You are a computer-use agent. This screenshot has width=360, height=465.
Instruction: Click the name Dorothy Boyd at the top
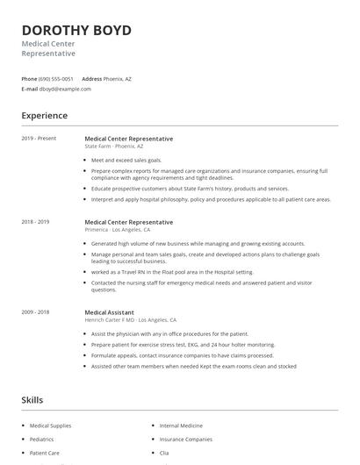click(x=76, y=31)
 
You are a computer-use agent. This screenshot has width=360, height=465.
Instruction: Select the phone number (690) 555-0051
click(x=57, y=79)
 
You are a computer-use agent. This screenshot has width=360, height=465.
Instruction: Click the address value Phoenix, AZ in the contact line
click(x=117, y=79)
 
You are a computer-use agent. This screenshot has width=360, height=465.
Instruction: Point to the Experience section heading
click(x=44, y=116)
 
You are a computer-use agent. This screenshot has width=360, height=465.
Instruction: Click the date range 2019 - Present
click(x=39, y=139)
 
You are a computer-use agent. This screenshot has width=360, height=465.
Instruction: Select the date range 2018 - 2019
click(x=36, y=222)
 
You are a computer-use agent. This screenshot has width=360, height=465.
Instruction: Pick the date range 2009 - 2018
click(x=36, y=311)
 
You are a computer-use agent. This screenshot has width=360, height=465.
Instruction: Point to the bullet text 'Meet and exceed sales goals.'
click(x=126, y=161)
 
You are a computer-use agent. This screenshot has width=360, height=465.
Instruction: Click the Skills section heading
click(x=32, y=400)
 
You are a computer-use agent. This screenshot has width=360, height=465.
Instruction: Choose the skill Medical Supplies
click(x=51, y=426)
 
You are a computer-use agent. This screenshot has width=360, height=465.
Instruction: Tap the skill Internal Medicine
click(x=181, y=426)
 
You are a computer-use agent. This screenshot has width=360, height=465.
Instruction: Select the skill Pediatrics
click(x=42, y=440)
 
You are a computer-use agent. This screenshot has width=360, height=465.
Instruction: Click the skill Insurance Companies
click(x=186, y=440)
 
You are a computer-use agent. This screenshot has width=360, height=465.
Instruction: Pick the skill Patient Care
click(x=45, y=454)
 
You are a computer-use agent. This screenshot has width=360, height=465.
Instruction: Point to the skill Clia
click(x=164, y=454)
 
